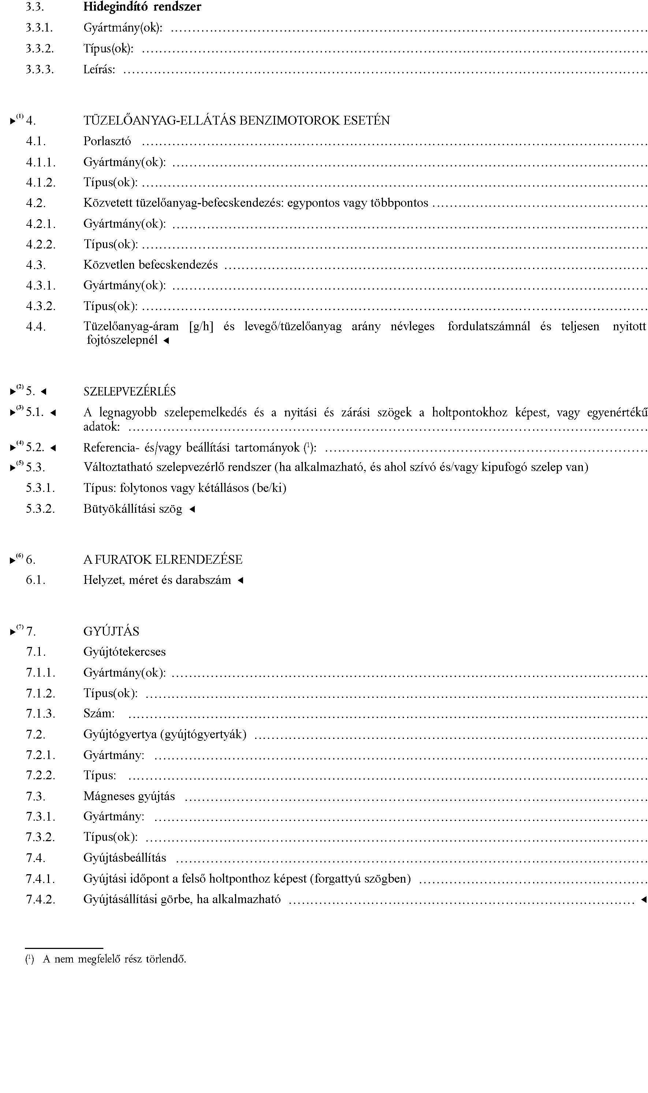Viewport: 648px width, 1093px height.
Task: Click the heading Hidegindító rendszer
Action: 142,7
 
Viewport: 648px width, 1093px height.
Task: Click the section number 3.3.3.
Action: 40,70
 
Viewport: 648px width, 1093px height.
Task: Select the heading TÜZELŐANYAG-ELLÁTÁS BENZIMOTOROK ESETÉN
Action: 236,121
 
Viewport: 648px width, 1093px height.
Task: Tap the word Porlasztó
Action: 107,141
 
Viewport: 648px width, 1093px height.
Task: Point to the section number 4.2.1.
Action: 41,224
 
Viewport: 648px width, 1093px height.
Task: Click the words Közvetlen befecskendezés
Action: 150,265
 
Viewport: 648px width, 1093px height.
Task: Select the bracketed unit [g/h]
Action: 201,327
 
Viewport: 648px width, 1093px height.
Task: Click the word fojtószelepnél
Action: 122,340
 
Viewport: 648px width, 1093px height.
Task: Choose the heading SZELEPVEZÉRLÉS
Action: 129,391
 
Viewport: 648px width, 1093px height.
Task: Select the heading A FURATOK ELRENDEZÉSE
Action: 163,560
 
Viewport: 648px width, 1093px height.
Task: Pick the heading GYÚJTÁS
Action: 111,632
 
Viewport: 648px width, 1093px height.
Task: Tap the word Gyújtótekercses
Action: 124,652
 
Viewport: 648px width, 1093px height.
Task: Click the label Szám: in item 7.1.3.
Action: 99,714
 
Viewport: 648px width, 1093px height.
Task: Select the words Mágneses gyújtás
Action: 129,796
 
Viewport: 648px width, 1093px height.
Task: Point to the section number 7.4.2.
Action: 41,899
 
